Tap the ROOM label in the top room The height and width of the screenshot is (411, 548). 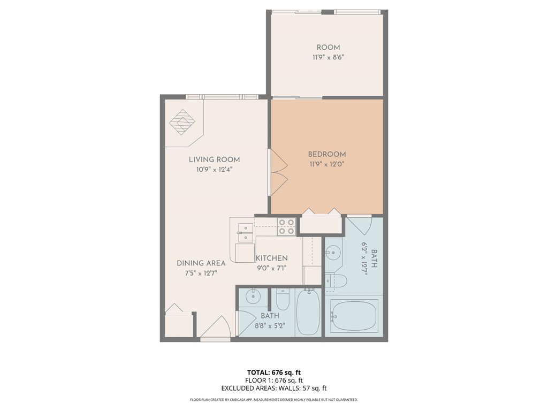click(328, 48)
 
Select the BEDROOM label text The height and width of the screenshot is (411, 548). click(326, 154)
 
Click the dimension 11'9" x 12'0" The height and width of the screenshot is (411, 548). click(326, 164)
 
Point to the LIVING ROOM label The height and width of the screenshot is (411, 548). click(214, 159)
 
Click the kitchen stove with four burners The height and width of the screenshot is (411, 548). click(286, 227)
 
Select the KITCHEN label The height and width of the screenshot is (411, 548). click(271, 258)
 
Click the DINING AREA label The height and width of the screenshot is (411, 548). click(201, 263)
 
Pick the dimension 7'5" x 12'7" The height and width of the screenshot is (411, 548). click(201, 273)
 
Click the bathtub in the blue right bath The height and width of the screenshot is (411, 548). click(354, 315)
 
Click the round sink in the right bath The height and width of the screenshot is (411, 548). click(333, 252)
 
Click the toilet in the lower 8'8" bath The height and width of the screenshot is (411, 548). click(283, 299)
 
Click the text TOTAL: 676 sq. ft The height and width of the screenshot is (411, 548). click(273, 372)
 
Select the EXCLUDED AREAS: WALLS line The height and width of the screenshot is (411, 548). click(273, 389)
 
